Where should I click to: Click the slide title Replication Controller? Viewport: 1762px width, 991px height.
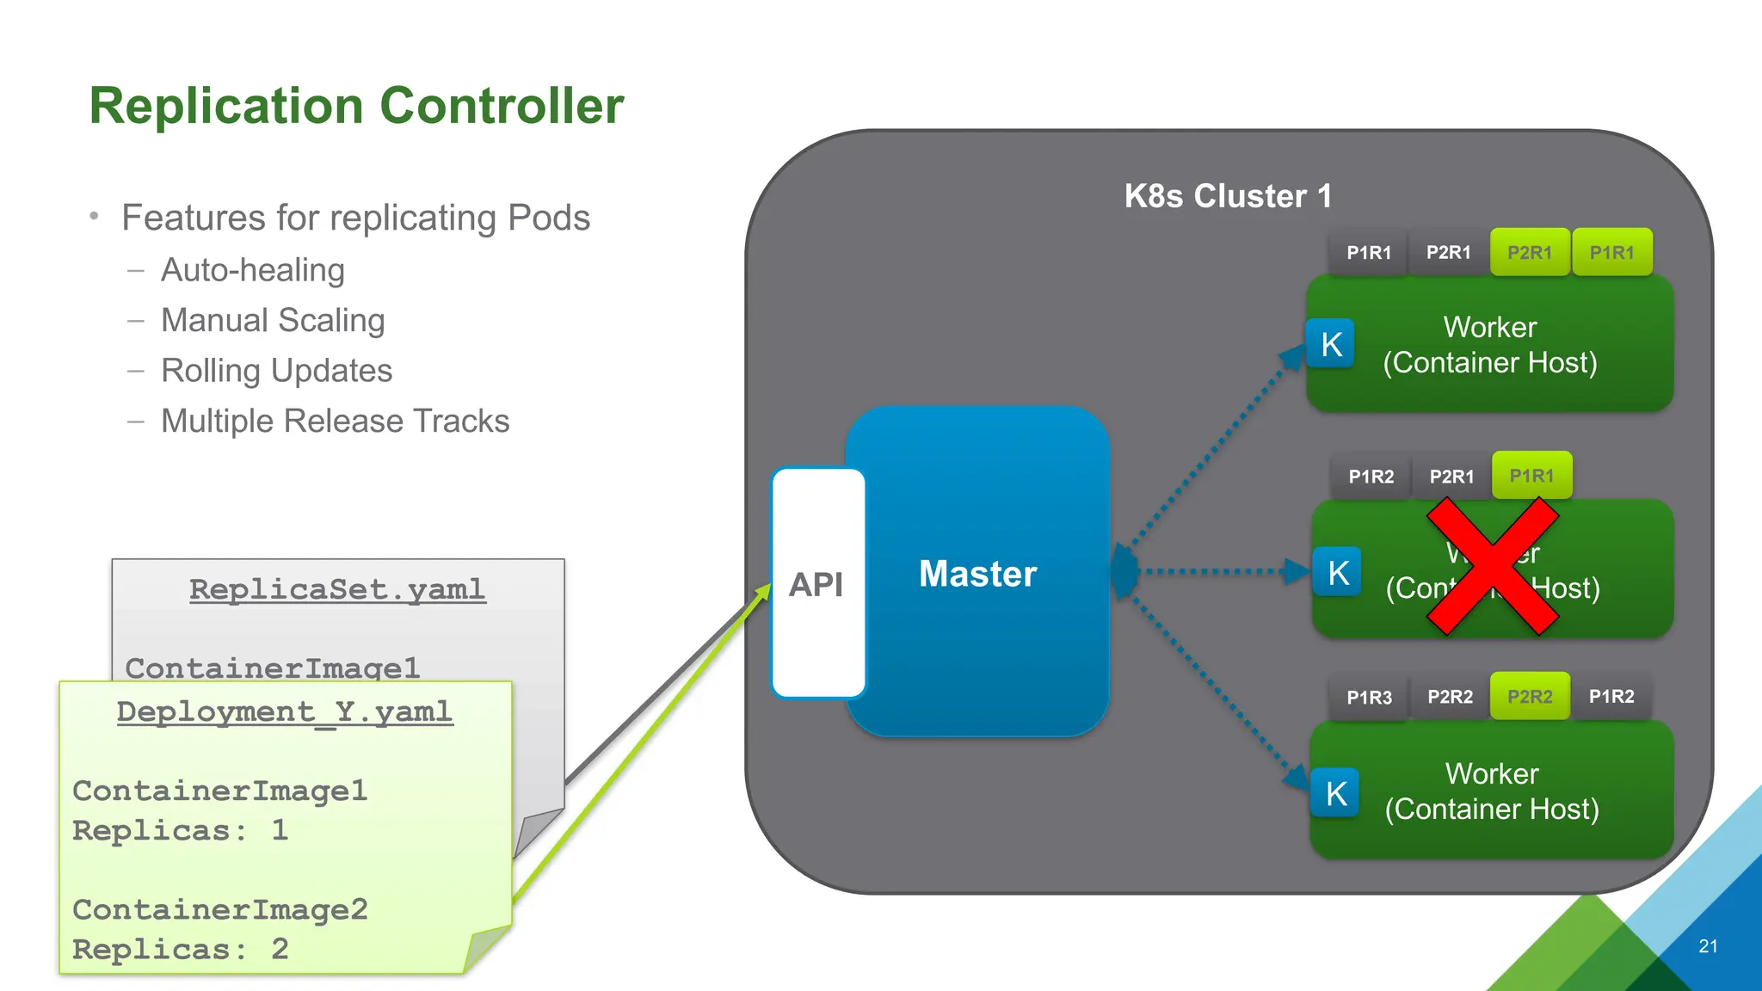356,106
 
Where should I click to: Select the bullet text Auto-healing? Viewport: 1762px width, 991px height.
252,270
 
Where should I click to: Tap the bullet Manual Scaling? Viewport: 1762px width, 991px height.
273,320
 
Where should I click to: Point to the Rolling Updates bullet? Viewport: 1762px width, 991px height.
276,371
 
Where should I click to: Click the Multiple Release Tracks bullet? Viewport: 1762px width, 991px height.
335,422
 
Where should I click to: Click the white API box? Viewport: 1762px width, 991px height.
816,584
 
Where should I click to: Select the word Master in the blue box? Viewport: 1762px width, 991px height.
977,574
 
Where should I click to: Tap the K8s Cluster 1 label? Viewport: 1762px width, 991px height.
1228,196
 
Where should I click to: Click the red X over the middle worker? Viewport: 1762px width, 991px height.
1493,567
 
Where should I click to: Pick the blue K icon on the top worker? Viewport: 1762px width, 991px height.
1331,344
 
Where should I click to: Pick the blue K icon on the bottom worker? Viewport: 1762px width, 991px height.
1335,793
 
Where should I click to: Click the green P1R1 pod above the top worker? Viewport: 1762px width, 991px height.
1611,253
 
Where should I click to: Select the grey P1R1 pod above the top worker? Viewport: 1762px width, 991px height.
1369,253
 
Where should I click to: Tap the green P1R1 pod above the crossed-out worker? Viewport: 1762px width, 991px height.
1531,476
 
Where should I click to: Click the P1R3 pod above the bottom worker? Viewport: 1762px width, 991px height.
1369,698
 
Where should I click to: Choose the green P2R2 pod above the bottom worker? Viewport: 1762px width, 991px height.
1530,697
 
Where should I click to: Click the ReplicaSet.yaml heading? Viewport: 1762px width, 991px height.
337,589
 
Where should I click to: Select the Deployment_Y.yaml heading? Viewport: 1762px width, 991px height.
285,711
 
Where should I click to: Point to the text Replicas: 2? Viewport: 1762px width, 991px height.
180,949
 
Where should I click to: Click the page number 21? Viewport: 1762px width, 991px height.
1708,946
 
